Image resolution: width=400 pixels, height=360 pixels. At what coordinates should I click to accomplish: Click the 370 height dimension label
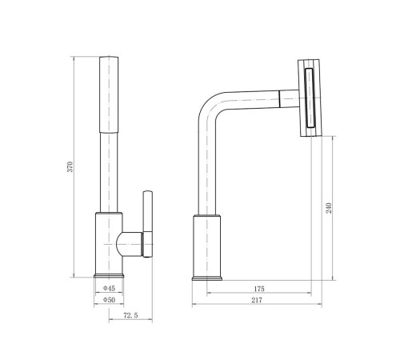[70, 166]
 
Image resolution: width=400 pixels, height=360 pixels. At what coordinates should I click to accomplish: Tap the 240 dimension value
[329, 208]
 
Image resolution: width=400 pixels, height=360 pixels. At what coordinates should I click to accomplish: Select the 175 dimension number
[259, 289]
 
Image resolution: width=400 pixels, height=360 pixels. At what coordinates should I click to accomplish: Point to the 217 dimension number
[257, 300]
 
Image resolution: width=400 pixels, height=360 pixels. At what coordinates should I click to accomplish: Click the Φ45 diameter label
[109, 288]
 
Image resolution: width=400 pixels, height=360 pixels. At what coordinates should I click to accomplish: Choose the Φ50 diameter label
[109, 300]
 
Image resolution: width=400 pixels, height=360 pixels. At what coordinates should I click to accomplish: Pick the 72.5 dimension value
[130, 315]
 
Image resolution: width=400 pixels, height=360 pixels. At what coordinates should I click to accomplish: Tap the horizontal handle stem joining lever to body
[130, 244]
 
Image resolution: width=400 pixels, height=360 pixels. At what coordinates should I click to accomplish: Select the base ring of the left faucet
[109, 275]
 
